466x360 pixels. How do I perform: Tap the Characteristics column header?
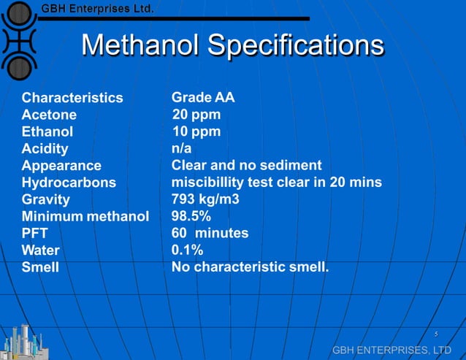click(72, 98)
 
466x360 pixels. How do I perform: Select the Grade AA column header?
click(202, 97)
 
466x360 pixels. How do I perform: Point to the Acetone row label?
click(49, 115)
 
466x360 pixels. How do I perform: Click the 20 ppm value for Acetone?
click(196, 115)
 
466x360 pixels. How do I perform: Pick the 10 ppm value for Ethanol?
click(196, 131)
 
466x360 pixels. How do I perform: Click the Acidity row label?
click(45, 149)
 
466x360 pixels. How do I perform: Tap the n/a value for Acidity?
click(181, 148)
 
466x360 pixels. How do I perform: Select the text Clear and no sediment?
click(246, 165)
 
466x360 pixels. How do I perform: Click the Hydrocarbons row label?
click(69, 183)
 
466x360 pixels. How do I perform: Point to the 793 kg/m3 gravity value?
click(206, 199)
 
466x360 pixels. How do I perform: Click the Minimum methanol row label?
click(85, 216)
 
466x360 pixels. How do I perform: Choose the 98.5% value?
click(192, 216)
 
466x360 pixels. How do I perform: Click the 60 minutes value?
click(210, 233)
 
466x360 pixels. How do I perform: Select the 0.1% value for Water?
click(187, 250)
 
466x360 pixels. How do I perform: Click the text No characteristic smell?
click(250, 267)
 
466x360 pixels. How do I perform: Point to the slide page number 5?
click(435, 334)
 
